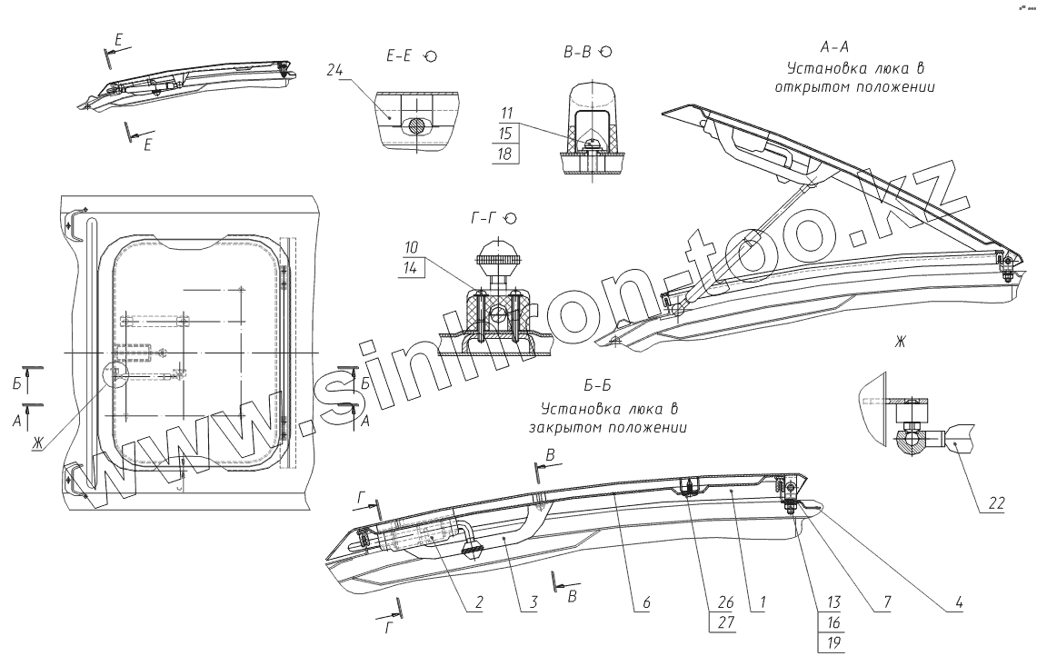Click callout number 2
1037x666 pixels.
[477, 601]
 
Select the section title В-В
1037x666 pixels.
[578, 53]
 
